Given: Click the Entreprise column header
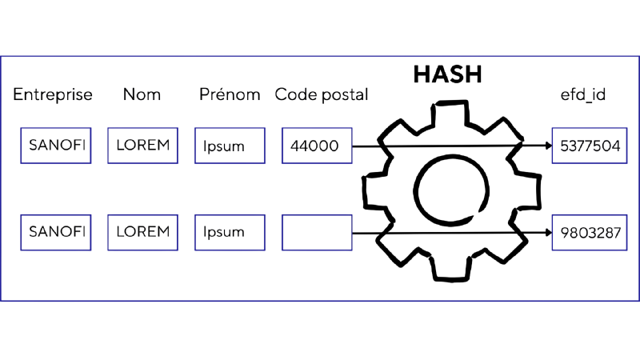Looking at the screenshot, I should pyautogui.click(x=53, y=95).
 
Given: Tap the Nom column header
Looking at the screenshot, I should pyautogui.click(x=142, y=95).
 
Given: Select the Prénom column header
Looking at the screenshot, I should pyautogui.click(x=230, y=95).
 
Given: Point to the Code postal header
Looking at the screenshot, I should pyautogui.click(x=321, y=95).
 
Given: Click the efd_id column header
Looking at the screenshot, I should pyautogui.click(x=582, y=95).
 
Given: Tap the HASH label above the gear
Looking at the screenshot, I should pyautogui.click(x=450, y=73).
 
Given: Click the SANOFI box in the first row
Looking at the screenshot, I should pyautogui.click(x=55, y=146).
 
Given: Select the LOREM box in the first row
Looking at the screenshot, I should pyautogui.click(x=142, y=146).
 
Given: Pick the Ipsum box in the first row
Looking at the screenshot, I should pyautogui.click(x=230, y=146).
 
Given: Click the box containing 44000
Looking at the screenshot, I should pyautogui.click(x=317, y=146).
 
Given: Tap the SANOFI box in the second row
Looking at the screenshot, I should pyautogui.click(x=55, y=233).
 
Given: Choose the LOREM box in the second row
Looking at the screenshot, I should pyautogui.click(x=142, y=233).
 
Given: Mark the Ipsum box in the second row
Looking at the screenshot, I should pyautogui.click(x=230, y=233).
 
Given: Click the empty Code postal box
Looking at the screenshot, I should pyautogui.click(x=317, y=233).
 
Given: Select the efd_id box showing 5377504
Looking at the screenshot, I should pyautogui.click(x=590, y=146).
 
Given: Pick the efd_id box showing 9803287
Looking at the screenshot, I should pyautogui.click(x=590, y=233).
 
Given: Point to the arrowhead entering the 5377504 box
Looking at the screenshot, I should pyautogui.click(x=547, y=146).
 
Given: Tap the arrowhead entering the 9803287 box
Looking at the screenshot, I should pyautogui.click(x=547, y=233).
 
